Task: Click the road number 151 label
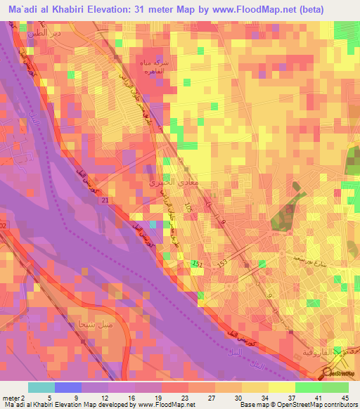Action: (196, 264)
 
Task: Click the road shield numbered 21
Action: (105, 201)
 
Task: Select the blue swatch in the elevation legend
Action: (67, 387)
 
